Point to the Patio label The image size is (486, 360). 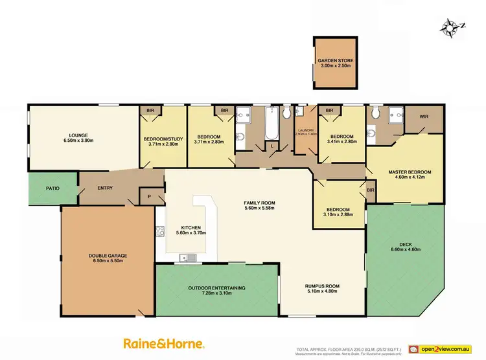click(x=52, y=189)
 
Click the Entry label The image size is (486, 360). click(x=104, y=188)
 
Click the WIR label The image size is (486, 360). click(x=424, y=117)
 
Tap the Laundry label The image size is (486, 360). click(x=306, y=131)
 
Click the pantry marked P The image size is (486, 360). click(x=149, y=196)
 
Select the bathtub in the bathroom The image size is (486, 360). click(x=270, y=126)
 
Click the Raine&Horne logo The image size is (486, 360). click(x=164, y=343)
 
